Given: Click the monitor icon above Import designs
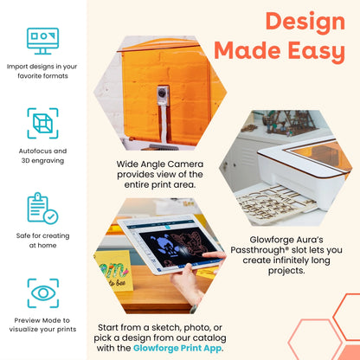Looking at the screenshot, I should pyautogui.click(x=42, y=40).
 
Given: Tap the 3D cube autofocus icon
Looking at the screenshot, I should pyautogui.click(x=42, y=123).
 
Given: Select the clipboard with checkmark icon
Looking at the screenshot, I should pyautogui.click(x=42, y=208).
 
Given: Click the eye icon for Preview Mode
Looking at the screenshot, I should pyautogui.click(x=42, y=292).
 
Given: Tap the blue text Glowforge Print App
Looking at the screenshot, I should pyautogui.click(x=176, y=348).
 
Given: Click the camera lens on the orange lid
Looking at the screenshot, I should pyautogui.click(x=161, y=93).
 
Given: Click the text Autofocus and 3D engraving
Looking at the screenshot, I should pyautogui.click(x=42, y=156).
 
